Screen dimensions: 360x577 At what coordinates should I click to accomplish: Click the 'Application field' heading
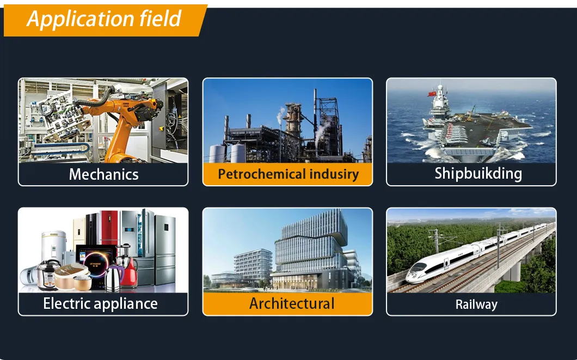pyautogui.click(x=104, y=19)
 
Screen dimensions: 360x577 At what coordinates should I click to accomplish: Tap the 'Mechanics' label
pyautogui.click(x=103, y=175)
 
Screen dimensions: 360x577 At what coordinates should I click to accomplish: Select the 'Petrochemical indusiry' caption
pyautogui.click(x=288, y=174)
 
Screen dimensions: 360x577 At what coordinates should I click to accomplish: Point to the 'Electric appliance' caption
pyautogui.click(x=100, y=304)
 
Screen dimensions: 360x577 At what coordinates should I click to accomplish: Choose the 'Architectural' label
pyautogui.click(x=292, y=303)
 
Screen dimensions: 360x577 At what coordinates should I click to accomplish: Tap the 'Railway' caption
pyautogui.click(x=476, y=304)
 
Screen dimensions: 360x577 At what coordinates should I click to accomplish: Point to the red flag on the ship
pyautogui.click(x=432, y=94)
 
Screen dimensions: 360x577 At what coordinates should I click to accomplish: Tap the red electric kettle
pyautogui.click(x=129, y=272)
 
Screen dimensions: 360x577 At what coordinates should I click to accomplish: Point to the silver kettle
pyautogui.click(x=113, y=278)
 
